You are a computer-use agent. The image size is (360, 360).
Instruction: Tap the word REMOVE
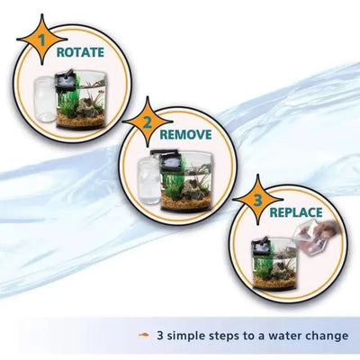[185, 135]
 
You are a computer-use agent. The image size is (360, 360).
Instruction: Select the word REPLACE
[296, 213]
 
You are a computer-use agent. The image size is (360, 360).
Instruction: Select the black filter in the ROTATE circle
[66, 79]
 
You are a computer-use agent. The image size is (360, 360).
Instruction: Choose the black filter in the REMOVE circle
[166, 162]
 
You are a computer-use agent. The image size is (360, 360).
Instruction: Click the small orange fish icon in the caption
[142, 336]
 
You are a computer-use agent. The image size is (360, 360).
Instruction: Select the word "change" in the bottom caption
[326, 336]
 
